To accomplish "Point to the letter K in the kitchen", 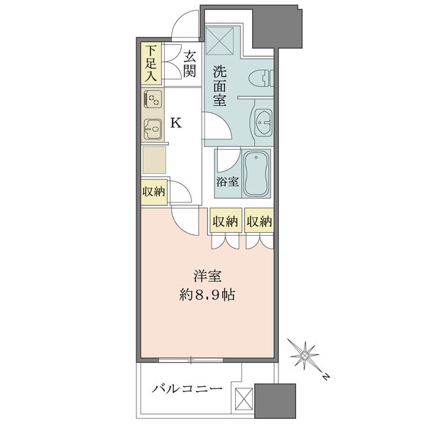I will tap(175, 123).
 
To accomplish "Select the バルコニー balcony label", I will tap(188, 389).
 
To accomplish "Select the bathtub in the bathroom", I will tap(256, 174).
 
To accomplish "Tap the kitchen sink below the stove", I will tap(152, 130).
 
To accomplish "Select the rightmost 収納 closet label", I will tap(260, 222).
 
